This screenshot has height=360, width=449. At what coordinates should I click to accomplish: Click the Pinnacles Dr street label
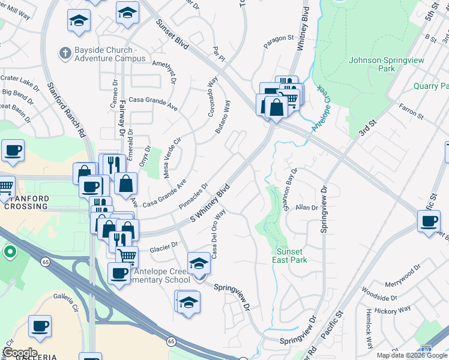(194, 197)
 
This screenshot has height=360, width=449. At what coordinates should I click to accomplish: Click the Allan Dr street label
(306, 207)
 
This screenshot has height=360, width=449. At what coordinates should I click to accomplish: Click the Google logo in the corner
(20, 352)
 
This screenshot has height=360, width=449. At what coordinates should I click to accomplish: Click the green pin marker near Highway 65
(10, 252)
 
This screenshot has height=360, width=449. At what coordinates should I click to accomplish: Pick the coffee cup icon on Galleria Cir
(40, 327)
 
